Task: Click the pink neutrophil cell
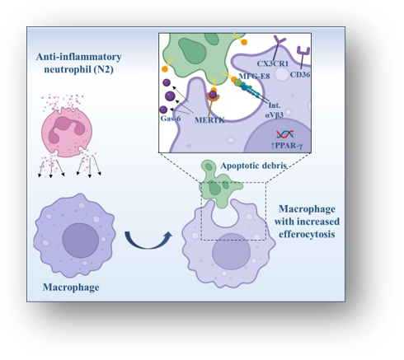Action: [x=67, y=133]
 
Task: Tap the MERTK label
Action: [x=209, y=120]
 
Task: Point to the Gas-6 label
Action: [x=171, y=119]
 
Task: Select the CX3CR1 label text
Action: [x=273, y=63]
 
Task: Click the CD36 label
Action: [x=300, y=74]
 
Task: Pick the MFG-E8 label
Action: [x=254, y=76]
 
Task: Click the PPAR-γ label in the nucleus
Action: [x=287, y=146]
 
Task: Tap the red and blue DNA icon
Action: [x=285, y=134]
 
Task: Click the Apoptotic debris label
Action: [x=253, y=166]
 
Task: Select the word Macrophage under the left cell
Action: [x=71, y=288]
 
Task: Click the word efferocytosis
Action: [x=307, y=234]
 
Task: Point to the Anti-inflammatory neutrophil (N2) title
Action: [x=78, y=63]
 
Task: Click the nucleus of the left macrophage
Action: [x=80, y=241]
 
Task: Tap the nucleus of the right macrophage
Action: [x=231, y=252]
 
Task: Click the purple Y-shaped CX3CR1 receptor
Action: [x=279, y=49]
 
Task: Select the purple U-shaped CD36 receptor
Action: [x=303, y=57]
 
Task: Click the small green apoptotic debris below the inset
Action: [x=218, y=185]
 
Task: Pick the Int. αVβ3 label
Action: [x=275, y=110]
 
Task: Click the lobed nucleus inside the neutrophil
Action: [x=66, y=129]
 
